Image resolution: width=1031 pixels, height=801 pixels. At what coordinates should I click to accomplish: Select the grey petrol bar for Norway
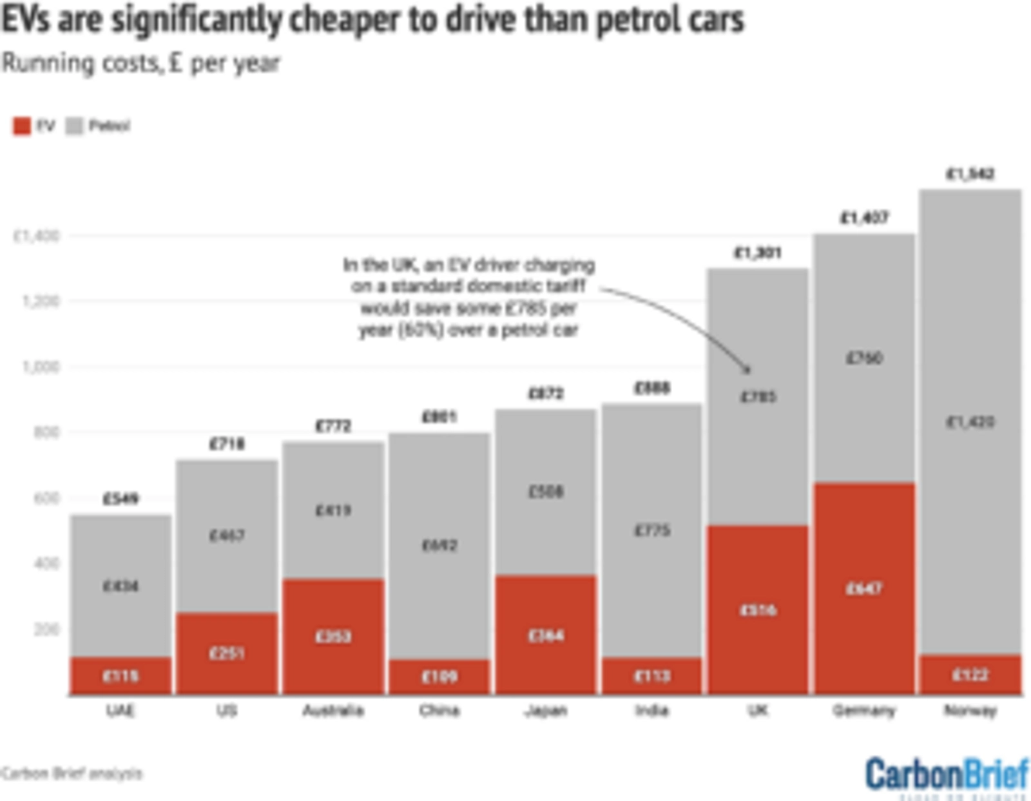[x=970, y=422]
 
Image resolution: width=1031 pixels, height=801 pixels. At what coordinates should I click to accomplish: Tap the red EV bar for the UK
[x=758, y=610]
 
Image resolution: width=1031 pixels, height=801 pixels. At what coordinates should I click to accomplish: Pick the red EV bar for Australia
[x=333, y=636]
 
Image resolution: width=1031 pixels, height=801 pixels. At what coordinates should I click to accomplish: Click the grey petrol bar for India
[x=652, y=530]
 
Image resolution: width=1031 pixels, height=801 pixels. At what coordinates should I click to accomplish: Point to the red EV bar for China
[x=439, y=677]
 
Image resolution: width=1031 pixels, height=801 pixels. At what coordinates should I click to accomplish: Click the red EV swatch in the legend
[x=22, y=126]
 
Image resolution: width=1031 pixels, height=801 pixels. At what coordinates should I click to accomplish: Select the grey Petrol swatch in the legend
[x=75, y=126]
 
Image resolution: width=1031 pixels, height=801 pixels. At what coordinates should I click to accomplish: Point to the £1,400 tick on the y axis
[x=37, y=236]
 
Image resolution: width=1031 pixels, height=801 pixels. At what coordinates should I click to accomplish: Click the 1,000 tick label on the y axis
[x=41, y=367]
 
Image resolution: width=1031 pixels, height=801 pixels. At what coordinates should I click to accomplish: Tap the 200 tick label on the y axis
[x=46, y=629]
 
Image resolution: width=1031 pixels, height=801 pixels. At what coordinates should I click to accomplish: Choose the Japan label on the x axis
[x=546, y=711]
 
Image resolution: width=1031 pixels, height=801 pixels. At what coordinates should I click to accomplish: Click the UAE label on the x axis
[x=120, y=711]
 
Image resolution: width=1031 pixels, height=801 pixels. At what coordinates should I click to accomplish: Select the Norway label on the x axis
[x=970, y=711]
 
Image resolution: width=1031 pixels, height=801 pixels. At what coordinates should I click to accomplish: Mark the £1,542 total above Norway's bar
[x=970, y=174]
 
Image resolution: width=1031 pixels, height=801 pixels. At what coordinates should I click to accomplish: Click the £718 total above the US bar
[x=227, y=444]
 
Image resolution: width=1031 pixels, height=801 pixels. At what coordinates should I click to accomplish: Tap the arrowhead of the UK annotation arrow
[x=747, y=370]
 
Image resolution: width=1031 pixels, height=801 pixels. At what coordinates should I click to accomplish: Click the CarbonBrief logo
[x=947, y=775]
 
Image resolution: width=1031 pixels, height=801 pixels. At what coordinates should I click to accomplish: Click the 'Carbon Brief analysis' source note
[x=71, y=773]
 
